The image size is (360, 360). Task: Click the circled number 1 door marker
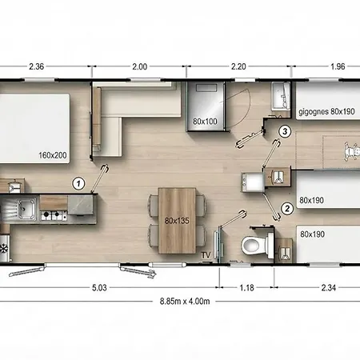coord(78,184)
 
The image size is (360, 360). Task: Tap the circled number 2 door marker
coord(287,208)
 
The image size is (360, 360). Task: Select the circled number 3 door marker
coord(285,131)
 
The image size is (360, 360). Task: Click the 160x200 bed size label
coord(53,155)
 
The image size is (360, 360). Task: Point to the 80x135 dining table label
coord(177,221)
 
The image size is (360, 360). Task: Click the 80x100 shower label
coord(205,122)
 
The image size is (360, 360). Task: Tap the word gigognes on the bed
coord(314,112)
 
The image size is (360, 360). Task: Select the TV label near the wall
coord(206,255)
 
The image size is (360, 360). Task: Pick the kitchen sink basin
coord(26,209)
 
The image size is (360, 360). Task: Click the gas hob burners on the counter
coord(54,214)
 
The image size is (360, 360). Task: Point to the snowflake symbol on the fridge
coord(4,249)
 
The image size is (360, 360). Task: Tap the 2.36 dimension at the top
coord(36,66)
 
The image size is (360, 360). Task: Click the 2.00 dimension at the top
coord(139,66)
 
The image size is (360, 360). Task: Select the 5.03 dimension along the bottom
coord(99,288)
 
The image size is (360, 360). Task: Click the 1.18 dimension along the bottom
coord(246,288)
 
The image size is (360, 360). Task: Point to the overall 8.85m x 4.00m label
coord(185,302)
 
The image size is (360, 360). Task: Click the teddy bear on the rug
coord(350,151)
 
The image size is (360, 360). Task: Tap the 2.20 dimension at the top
coord(238,66)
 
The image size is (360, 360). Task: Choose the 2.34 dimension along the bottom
coord(328,288)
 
